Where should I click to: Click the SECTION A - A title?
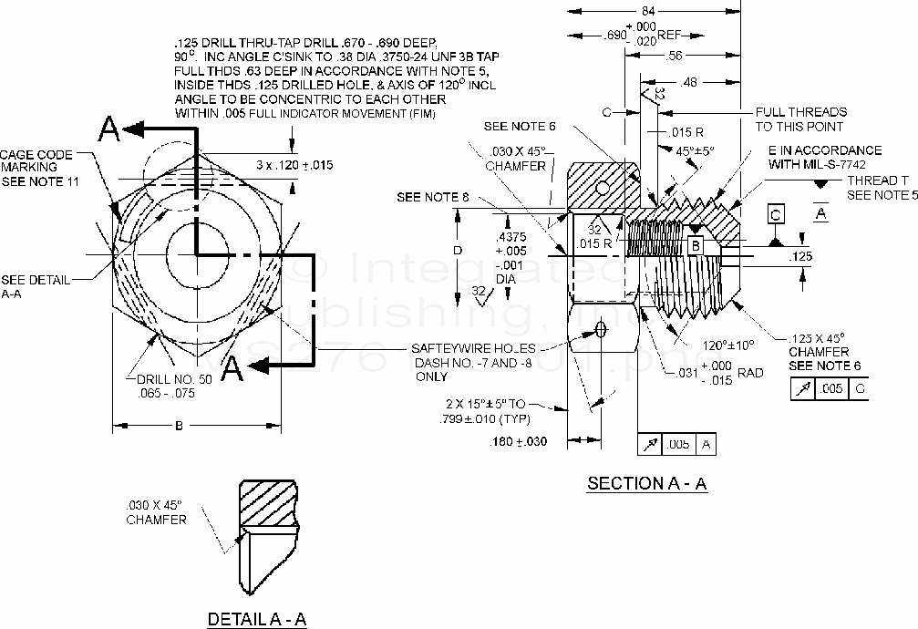click(x=647, y=484)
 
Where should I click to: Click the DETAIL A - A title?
click(x=257, y=619)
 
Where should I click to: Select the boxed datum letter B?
click(x=695, y=246)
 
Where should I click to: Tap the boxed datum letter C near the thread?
click(x=776, y=215)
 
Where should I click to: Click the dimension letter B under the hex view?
click(x=179, y=425)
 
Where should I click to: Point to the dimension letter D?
click(x=459, y=250)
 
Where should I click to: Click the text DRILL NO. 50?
click(x=174, y=378)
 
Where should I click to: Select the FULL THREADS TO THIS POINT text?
click(x=800, y=119)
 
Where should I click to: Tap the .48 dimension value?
click(x=688, y=83)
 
